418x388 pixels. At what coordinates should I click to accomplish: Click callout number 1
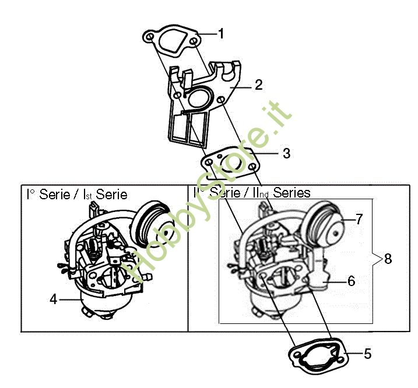coord(221,34)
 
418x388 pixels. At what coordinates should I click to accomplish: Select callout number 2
coord(259,85)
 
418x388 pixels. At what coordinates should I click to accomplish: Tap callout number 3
coord(286,153)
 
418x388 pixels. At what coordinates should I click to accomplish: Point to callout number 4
coord(54,299)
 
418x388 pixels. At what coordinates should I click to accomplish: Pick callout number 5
coord(368,354)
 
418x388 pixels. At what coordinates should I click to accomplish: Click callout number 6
coord(352,281)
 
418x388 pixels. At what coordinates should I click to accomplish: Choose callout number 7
coord(359,219)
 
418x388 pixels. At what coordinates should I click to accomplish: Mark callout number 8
coord(388,259)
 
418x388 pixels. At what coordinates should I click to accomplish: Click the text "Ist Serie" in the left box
coord(105,195)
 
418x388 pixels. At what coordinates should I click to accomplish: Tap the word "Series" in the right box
coord(292,192)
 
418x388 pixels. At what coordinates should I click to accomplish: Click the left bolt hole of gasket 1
coord(150,36)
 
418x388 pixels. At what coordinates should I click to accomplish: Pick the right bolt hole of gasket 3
coord(252,167)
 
